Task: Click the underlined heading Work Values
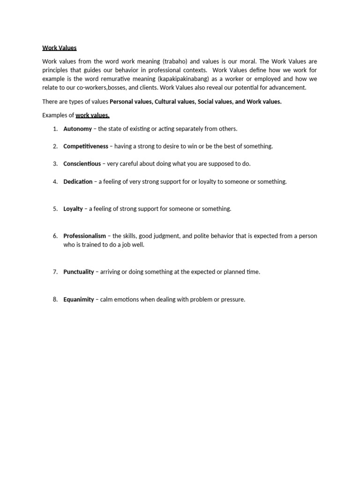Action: (x=59, y=48)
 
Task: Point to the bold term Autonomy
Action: (x=77, y=129)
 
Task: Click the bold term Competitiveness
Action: (x=85, y=146)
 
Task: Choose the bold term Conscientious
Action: (x=82, y=164)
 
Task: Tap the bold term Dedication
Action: (x=78, y=181)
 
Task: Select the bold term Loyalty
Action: (x=73, y=209)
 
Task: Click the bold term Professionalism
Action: (x=84, y=236)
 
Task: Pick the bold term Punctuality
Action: (x=79, y=272)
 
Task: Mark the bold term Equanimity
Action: (x=79, y=299)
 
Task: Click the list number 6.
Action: (x=55, y=236)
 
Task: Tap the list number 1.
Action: (x=55, y=129)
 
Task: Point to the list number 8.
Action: (x=55, y=299)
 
